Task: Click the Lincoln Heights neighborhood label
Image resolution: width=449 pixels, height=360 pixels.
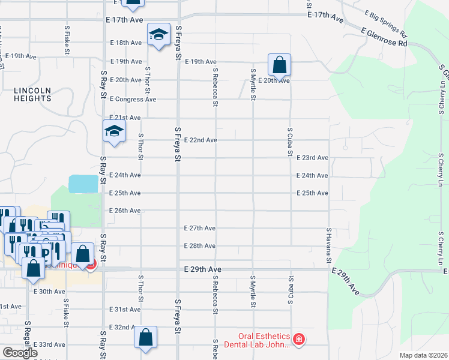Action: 32,94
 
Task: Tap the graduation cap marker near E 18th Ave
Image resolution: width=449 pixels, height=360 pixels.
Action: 158,36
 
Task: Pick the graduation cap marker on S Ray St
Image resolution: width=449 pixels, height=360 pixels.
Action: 113,131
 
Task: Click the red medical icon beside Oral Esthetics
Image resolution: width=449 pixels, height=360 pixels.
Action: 299,341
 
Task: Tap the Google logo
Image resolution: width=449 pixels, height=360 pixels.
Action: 20,353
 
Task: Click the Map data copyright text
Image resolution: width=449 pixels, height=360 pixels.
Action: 423,355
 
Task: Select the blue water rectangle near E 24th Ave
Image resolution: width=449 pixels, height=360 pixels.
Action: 83,184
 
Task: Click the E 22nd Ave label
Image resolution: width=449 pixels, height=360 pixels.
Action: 200,140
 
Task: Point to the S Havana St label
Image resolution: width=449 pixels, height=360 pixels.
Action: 329,245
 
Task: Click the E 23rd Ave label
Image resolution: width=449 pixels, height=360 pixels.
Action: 312,158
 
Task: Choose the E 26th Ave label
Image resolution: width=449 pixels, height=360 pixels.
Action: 125,211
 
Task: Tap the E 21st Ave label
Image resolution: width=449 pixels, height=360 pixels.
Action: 125,118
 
